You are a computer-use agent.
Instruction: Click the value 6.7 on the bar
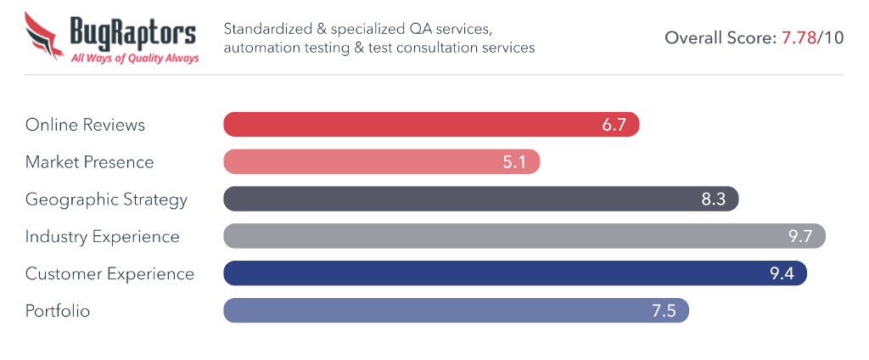(614, 125)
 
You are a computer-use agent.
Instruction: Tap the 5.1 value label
(515, 162)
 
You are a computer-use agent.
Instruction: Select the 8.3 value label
(714, 200)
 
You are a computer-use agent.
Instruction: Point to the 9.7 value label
(800, 236)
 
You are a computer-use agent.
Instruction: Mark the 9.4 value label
(782, 273)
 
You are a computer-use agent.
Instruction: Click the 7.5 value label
(664, 311)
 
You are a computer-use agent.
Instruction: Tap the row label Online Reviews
(85, 125)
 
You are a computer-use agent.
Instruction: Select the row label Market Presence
(89, 162)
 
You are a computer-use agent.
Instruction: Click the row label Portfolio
(58, 311)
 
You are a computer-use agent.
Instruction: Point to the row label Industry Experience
(102, 236)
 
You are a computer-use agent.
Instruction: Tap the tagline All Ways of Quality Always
(135, 59)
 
